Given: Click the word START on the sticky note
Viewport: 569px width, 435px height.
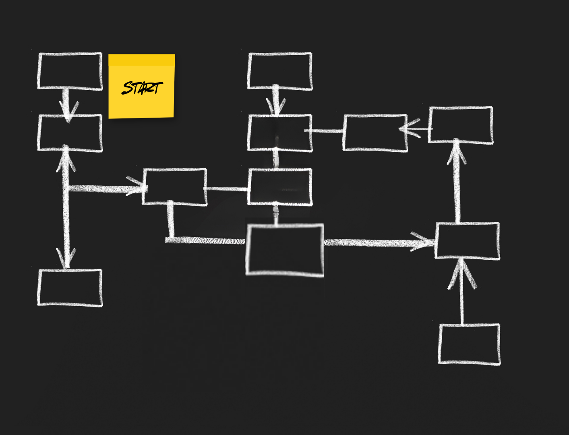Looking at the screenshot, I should (142, 88).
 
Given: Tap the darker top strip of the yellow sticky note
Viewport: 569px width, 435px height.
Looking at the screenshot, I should (142, 60).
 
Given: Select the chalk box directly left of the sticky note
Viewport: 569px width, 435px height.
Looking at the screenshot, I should (70, 71).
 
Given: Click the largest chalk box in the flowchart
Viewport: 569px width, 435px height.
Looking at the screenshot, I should (284, 250).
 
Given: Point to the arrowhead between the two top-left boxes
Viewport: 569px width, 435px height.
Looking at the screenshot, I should (68, 110).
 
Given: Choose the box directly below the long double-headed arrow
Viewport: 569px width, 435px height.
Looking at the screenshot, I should (70, 288).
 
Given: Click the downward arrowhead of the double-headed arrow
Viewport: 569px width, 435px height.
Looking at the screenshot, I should (66, 258).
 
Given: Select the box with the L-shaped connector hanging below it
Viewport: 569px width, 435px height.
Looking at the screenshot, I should (175, 187).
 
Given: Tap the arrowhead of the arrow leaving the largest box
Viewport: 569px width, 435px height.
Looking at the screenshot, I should (423, 242).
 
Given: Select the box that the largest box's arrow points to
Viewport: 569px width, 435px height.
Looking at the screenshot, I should (467, 240).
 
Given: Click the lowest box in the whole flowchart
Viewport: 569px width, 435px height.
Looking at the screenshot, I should (469, 344).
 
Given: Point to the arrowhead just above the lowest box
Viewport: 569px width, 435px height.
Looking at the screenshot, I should (461, 274).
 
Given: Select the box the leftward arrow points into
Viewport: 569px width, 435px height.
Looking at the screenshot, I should (375, 133).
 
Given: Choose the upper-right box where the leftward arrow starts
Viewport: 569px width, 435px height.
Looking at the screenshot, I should (461, 125).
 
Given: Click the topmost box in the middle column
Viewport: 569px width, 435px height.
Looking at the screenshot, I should (280, 71).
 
